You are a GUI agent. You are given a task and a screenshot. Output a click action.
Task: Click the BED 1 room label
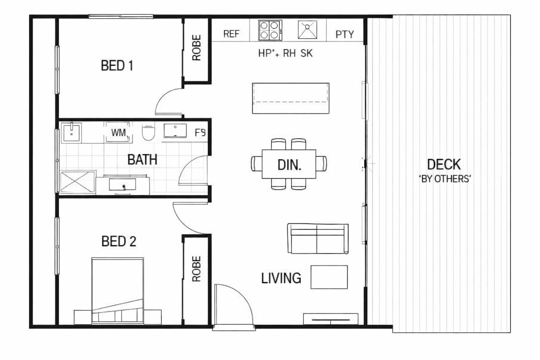[x=117, y=66]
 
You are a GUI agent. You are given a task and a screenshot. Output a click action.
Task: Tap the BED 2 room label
[x=119, y=241]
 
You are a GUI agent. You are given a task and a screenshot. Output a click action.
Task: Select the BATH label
[x=142, y=159]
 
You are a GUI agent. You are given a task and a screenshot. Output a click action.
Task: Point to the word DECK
[x=444, y=164]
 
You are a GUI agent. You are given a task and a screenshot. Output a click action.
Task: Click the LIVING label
[x=281, y=278]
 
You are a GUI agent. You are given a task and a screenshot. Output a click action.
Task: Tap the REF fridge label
[x=231, y=34]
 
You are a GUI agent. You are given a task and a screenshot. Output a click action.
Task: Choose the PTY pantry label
[x=345, y=34]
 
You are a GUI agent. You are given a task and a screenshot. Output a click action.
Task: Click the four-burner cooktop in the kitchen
[x=270, y=30]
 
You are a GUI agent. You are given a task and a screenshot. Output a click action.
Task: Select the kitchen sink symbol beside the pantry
[x=307, y=30]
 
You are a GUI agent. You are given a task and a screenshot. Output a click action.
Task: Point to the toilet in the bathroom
[x=148, y=132]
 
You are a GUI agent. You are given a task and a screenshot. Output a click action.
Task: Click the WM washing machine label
[x=118, y=133]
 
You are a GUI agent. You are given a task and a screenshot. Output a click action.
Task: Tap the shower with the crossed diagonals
[x=77, y=182]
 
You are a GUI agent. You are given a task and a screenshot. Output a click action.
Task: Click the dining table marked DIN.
[x=289, y=164]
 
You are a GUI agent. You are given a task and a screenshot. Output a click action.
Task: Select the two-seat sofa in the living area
[x=318, y=238]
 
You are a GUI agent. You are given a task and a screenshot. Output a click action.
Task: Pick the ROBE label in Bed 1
[x=196, y=47]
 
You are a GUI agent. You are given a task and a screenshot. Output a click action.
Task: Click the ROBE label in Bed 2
[x=196, y=269]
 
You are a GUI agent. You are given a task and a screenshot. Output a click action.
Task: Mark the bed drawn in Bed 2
[x=118, y=291]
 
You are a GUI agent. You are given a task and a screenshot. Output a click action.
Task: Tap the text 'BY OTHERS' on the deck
[x=445, y=179]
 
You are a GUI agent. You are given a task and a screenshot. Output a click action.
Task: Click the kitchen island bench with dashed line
[x=290, y=98]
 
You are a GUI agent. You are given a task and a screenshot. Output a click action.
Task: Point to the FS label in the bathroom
[x=200, y=132]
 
